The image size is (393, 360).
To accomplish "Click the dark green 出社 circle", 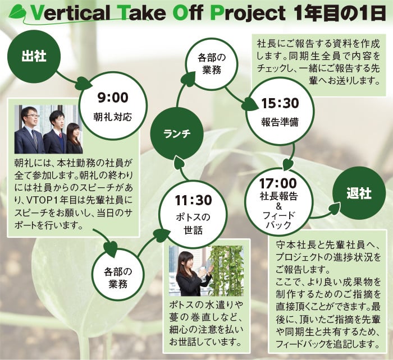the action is point(34,56).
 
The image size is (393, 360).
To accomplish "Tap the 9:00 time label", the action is point(113,98).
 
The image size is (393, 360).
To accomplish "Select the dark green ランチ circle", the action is point(177,133).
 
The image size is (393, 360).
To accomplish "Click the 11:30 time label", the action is point(193,200).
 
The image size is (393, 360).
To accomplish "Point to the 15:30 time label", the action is point(280,103).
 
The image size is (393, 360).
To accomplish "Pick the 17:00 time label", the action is point(278,183).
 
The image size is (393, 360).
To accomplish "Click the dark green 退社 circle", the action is point(359,193).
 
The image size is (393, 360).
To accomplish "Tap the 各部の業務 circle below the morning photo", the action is point(118,275).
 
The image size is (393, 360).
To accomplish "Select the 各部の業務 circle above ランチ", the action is point(212,64).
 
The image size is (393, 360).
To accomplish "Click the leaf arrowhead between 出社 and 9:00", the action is point(83,83).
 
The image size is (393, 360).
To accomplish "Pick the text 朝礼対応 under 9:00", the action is point(113,117).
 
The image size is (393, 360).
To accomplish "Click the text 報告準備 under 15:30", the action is point(280,122).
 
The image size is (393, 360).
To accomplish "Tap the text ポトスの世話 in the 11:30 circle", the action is point(193,224).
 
